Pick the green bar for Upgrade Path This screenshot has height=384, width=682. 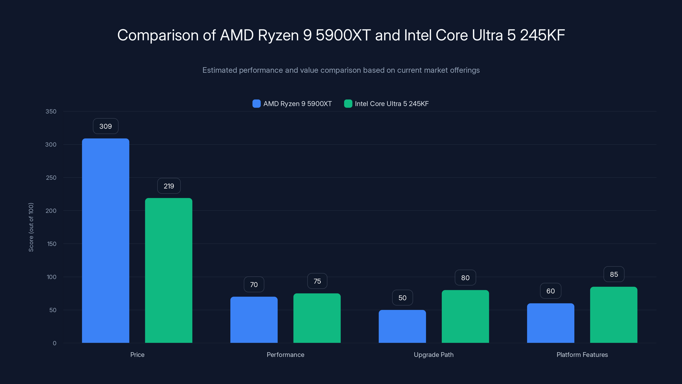point(465,316)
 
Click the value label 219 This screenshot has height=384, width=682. point(169,186)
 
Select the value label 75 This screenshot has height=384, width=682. point(317,281)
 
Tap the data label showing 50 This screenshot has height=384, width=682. point(402,298)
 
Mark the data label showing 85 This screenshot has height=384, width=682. point(614,274)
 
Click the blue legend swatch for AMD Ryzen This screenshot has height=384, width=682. point(256,104)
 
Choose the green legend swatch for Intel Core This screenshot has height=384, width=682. point(348,104)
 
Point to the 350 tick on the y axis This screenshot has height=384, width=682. point(51,111)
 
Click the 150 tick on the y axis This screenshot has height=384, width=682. point(52,244)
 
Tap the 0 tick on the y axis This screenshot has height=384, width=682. point(55,343)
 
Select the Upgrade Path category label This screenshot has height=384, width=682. point(433,355)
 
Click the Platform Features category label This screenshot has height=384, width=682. point(582,355)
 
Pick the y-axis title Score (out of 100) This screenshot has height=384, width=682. point(31,227)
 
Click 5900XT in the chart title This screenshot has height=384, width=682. point(343,35)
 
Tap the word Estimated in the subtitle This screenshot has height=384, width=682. point(220,70)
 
